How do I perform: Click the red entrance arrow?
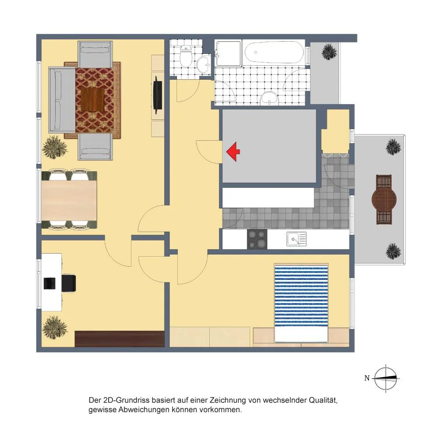point(233,152)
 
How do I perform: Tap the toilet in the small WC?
point(185,56)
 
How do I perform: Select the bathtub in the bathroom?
point(274,52)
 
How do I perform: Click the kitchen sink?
point(297,239)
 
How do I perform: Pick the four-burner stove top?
point(257,239)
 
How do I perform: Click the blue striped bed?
point(301,303)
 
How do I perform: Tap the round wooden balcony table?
point(384,200)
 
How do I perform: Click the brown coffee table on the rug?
point(93,99)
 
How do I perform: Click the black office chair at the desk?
point(69,283)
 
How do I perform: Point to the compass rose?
point(385,378)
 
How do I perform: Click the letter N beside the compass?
point(367,378)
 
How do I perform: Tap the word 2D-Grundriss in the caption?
point(127,400)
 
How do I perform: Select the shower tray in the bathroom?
point(229,53)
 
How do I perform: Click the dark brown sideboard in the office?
point(120,339)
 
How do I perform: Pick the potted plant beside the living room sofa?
point(55,147)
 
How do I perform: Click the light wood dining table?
point(69,201)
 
